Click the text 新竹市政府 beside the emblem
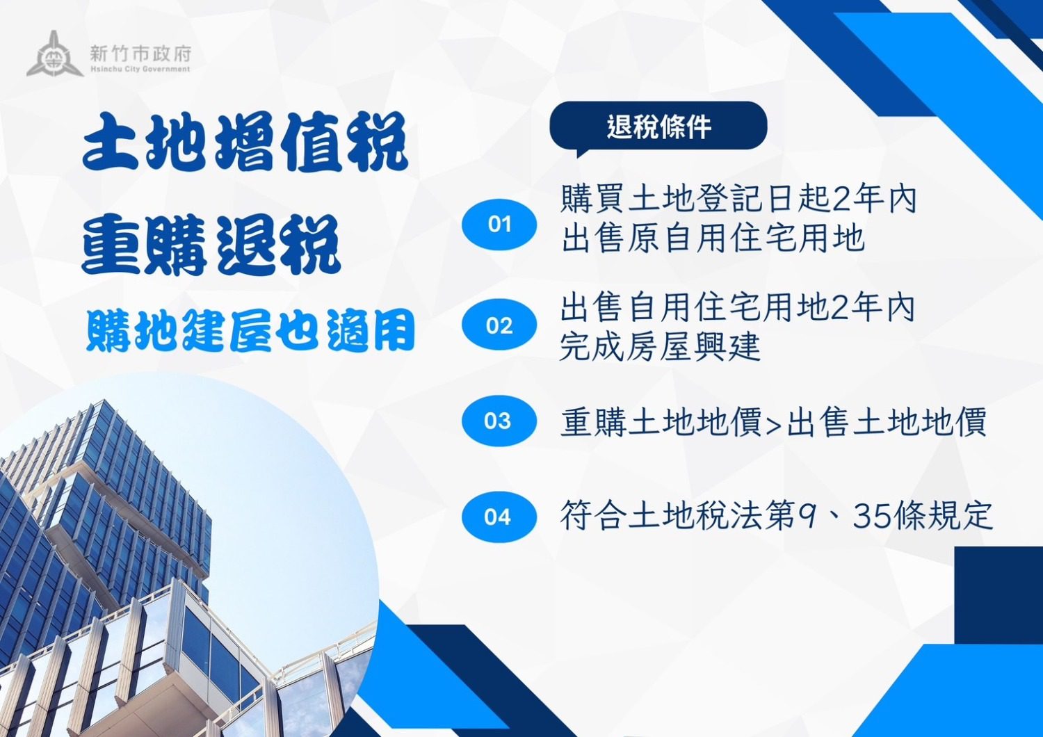140,53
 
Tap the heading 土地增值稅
245,143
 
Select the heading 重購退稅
211,245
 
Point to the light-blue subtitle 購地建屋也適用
250,330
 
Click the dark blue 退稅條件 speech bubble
658,127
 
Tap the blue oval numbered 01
499,224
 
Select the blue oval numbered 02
499,325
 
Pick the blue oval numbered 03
499,421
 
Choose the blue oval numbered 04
499,517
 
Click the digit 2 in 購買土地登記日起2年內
841,200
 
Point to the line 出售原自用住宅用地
713,238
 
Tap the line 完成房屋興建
660,346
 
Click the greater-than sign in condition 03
773,424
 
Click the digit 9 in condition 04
807,516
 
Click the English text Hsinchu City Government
140,70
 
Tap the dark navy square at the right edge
998,594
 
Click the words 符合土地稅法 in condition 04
661,516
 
